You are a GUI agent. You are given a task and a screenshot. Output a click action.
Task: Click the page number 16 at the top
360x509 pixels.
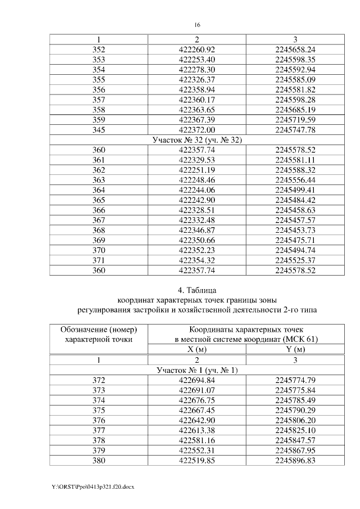(197, 25)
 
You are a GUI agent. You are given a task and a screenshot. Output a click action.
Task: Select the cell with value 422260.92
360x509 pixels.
(197, 49)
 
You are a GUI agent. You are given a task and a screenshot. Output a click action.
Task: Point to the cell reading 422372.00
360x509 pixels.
(197, 130)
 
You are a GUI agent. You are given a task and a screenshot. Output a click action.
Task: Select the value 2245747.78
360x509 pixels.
(295, 130)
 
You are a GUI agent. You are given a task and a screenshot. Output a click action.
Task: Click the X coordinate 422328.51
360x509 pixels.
(197, 211)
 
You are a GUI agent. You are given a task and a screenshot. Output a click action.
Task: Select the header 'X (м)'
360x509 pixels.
(197, 349)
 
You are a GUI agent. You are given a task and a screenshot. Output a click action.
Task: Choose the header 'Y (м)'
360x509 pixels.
(295, 349)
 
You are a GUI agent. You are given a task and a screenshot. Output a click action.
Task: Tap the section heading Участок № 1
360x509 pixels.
(197, 370)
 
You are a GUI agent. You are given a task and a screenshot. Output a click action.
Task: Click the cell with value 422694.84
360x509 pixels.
(197, 381)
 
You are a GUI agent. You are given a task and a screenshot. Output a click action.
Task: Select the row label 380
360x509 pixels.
(98, 461)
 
